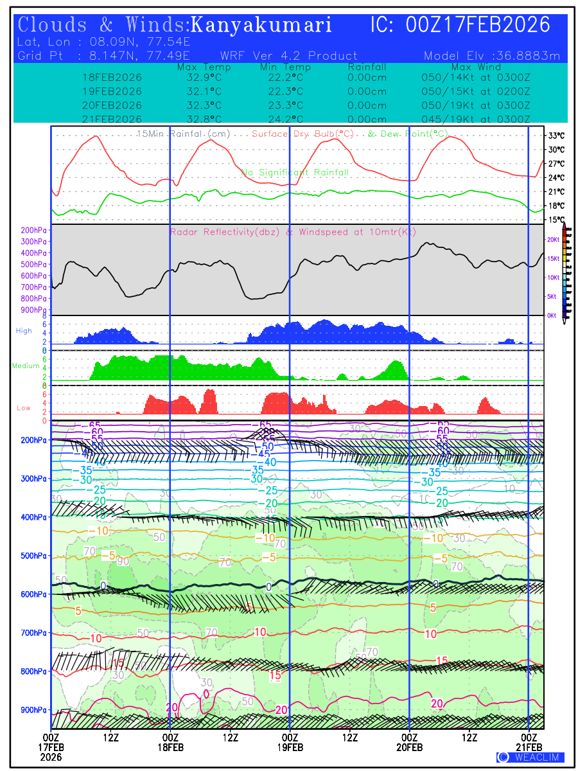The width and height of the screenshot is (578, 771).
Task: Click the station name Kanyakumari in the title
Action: pyautogui.click(x=261, y=25)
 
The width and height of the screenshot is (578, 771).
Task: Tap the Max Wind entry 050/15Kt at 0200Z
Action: pyautogui.click(x=472, y=91)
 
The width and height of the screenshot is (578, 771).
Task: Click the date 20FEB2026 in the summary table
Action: pyautogui.click(x=112, y=105)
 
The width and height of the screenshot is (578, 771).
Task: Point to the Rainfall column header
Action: pyautogui.click(x=367, y=67)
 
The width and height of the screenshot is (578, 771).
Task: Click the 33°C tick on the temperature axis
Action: pyautogui.click(x=556, y=136)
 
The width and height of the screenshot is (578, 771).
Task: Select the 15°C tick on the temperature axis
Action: pyautogui.click(x=556, y=220)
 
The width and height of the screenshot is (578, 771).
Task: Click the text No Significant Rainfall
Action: pyautogui.click(x=295, y=172)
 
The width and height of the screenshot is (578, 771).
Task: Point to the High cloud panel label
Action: pyautogui.click(x=24, y=331)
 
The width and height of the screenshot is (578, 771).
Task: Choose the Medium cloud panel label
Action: pyautogui.click(x=26, y=366)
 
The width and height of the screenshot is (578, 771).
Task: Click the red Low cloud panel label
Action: pyautogui.click(x=24, y=408)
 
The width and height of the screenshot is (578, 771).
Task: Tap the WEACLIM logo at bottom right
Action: pyautogui.click(x=530, y=757)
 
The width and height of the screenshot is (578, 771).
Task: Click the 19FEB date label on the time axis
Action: pyautogui.click(x=290, y=748)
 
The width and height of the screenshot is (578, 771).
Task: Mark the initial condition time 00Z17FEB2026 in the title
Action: pyautogui.click(x=478, y=25)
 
